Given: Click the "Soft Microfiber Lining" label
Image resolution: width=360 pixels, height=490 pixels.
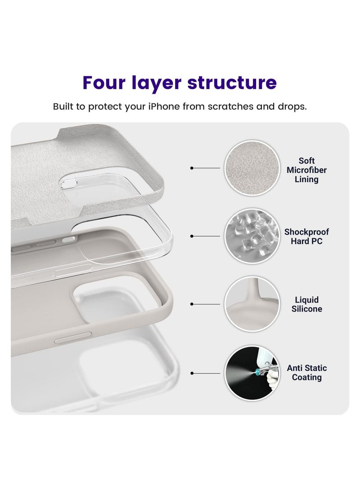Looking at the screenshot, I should pyautogui.click(x=306, y=170).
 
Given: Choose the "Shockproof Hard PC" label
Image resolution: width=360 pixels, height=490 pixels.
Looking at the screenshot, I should pyautogui.click(x=306, y=236).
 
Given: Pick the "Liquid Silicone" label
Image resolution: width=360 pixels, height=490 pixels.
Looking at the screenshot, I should pyautogui.click(x=306, y=304).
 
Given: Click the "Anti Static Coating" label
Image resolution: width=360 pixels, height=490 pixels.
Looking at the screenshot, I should pyautogui.click(x=306, y=373).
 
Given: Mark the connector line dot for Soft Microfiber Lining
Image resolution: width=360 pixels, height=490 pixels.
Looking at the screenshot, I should pyautogui.click(x=192, y=168).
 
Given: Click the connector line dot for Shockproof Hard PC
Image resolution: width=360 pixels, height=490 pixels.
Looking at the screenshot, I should pyautogui.click(x=192, y=236).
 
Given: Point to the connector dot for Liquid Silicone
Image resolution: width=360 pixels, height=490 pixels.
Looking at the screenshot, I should pyautogui.click(x=192, y=304).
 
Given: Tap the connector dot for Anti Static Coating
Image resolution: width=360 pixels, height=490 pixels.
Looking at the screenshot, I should pyautogui.click(x=192, y=373).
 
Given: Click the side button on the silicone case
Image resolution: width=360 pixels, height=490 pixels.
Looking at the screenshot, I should pyautogui.click(x=73, y=338).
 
